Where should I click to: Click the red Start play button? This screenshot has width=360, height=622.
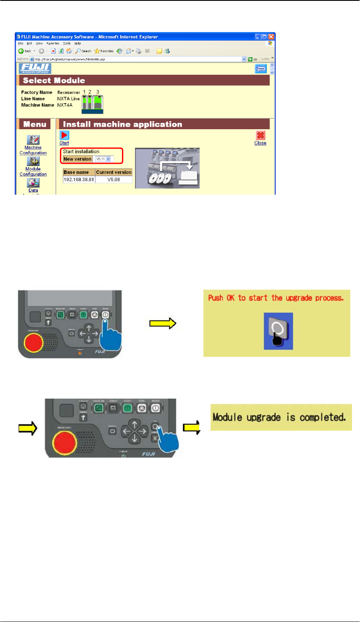pos(64,135)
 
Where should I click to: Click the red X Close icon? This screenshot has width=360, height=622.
pos(260,136)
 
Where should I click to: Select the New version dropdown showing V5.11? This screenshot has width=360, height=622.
pos(103,159)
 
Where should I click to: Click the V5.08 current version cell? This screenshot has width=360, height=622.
pos(114,179)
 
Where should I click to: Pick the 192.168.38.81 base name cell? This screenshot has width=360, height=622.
pos(78,179)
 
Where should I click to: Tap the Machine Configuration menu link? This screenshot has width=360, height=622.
pos(33,150)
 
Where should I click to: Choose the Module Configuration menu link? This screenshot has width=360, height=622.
pos(33,171)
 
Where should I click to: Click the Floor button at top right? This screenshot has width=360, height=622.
pos(261,69)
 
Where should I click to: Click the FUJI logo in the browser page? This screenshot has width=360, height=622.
pos(35,68)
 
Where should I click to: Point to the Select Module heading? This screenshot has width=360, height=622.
pos(54,81)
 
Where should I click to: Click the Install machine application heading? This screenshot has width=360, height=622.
pos(122,124)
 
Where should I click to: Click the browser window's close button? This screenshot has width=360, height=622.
pos(271,37)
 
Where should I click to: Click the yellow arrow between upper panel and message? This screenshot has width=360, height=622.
pos(162,323)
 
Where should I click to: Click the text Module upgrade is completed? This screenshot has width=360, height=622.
pos(279,418)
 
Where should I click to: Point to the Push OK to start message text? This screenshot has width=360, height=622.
pos(276,298)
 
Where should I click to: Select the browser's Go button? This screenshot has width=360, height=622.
pos(253,59)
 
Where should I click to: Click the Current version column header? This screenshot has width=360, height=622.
pos(114,172)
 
